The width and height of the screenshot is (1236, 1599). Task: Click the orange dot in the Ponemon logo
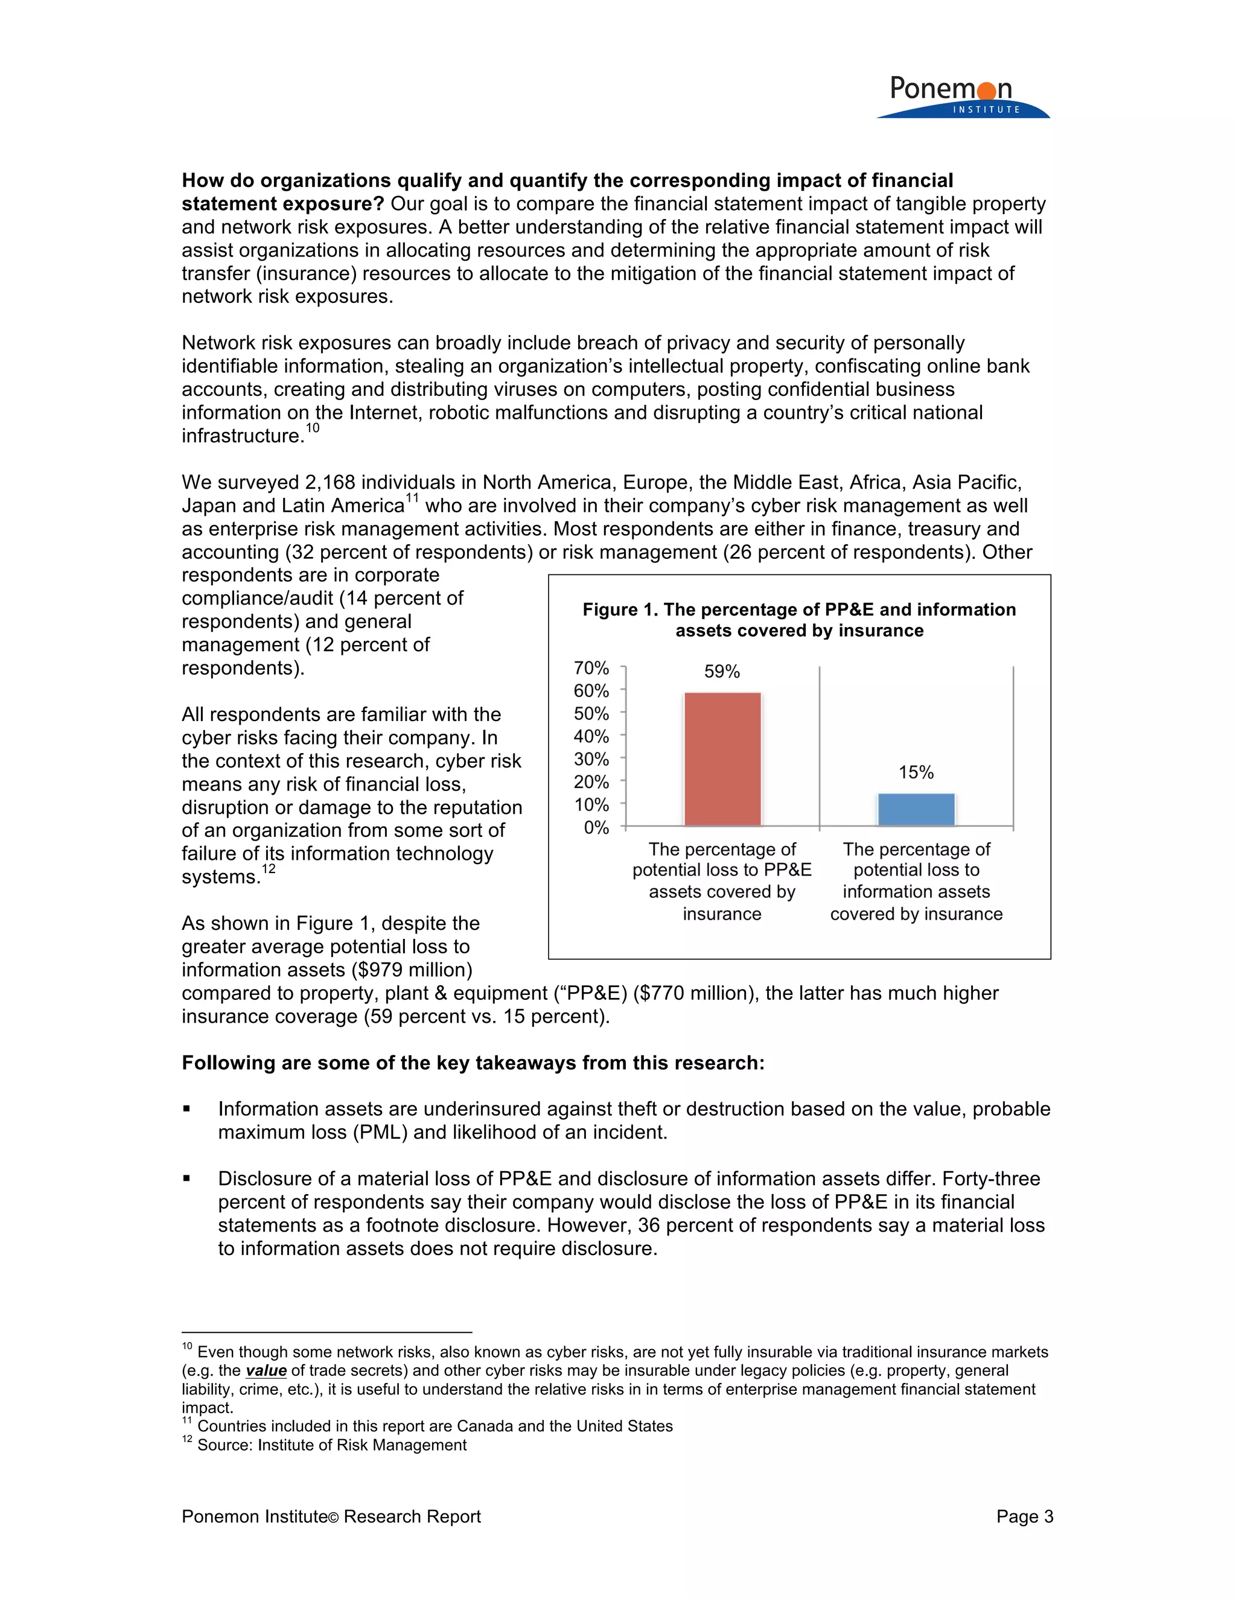pos(986,91)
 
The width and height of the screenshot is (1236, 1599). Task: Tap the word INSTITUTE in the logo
pos(986,110)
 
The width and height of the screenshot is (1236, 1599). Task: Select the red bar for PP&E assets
pos(722,758)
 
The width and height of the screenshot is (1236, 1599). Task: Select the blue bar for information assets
pos(916,809)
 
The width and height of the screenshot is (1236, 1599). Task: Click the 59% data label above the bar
pos(722,672)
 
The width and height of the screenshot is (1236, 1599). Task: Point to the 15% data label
pos(916,772)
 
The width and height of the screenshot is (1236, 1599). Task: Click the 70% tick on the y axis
pos(591,668)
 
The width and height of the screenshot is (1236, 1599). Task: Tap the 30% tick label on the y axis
pos(591,759)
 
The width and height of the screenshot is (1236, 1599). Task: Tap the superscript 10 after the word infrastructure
pos(313,428)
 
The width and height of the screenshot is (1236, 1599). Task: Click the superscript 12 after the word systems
pos(269,869)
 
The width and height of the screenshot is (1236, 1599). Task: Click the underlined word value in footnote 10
pos(266,1370)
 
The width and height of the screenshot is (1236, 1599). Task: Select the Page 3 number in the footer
pos(1024,1516)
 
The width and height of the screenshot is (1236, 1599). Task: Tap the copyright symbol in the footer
pos(333,1518)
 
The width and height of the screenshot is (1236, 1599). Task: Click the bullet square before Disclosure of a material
pos(186,1180)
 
